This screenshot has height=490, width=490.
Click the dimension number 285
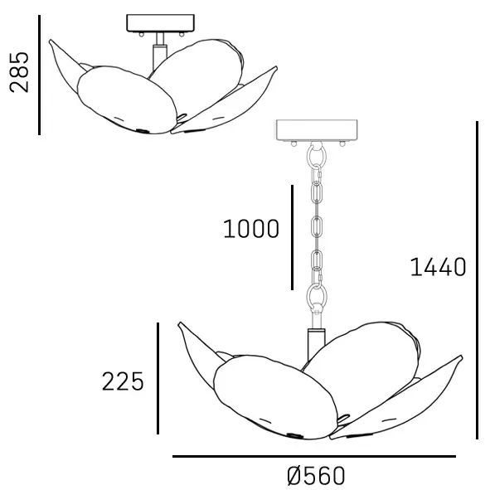click(19, 72)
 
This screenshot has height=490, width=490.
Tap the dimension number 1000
click(251, 229)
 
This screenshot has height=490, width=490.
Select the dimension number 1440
click(438, 267)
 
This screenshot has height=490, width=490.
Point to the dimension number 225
click(123, 381)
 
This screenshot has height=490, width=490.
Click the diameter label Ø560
click(316, 476)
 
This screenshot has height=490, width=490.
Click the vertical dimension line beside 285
click(39, 75)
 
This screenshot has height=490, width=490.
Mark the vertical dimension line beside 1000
click(292, 237)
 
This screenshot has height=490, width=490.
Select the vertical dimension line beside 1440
click(478, 280)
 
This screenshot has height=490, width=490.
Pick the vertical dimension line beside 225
click(158, 378)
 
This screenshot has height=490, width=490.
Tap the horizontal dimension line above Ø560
click(314, 457)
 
